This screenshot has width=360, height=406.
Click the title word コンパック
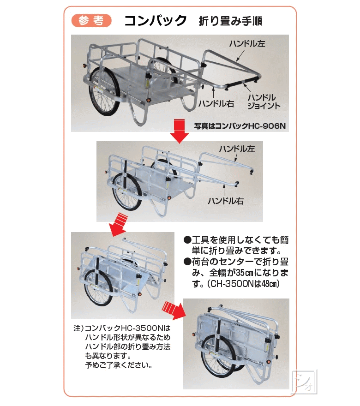coord(156,21)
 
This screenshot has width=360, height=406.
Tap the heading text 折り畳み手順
coord(230,21)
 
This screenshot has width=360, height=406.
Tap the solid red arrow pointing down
coord(179,130)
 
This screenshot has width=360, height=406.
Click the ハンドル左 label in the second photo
coord(237,149)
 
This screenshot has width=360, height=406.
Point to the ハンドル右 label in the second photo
coord(226,201)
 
